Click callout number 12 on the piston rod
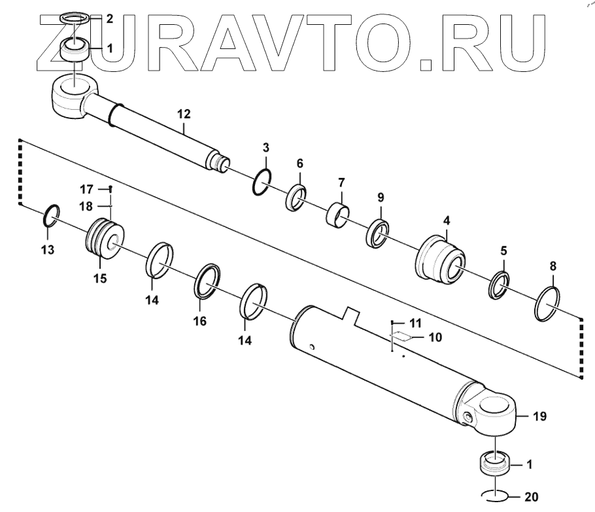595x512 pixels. click(x=183, y=114)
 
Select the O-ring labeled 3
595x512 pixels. click(x=262, y=182)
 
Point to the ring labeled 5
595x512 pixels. click(x=500, y=284)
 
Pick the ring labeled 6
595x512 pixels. click(x=296, y=197)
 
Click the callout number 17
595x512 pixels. click(x=88, y=190)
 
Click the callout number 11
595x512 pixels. click(x=416, y=323)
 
